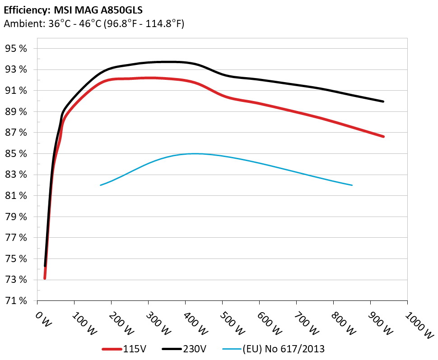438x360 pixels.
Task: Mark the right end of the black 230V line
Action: pos(383,102)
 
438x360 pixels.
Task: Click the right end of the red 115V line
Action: pos(383,136)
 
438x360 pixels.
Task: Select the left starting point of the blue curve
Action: pos(100,185)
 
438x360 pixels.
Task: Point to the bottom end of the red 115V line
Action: pos(45,278)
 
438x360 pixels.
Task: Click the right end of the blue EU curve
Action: pos(352,185)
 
